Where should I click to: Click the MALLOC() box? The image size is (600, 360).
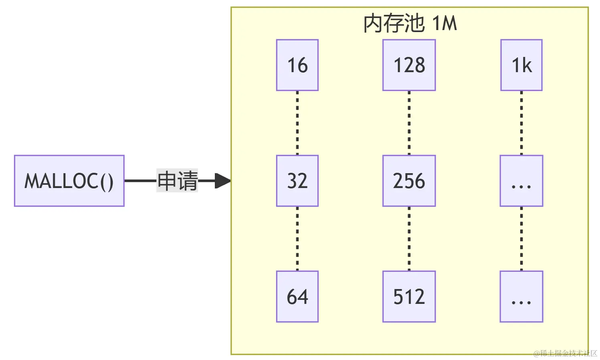[69, 181]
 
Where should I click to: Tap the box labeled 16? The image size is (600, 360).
[297, 65]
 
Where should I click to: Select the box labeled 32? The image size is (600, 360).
[297, 181]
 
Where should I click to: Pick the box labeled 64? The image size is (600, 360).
[297, 297]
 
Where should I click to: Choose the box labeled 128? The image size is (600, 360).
[409, 65]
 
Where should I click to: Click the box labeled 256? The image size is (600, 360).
[409, 181]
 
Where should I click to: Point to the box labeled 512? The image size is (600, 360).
[409, 297]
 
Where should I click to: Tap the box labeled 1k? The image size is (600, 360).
[521, 65]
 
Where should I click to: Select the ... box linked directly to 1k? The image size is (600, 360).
[521, 181]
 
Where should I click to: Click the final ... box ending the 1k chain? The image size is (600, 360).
[521, 297]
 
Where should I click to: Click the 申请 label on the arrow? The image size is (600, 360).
[177, 181]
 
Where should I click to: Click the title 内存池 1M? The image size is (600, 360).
[410, 23]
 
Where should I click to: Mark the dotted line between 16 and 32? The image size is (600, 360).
[297, 123]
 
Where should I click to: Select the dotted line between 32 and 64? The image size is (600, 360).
[297, 239]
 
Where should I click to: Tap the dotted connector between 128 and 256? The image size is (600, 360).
[409, 123]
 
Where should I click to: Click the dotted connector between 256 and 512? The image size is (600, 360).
[409, 239]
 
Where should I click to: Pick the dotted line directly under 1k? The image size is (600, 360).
[521, 123]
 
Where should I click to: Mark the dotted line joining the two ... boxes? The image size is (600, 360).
[521, 239]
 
